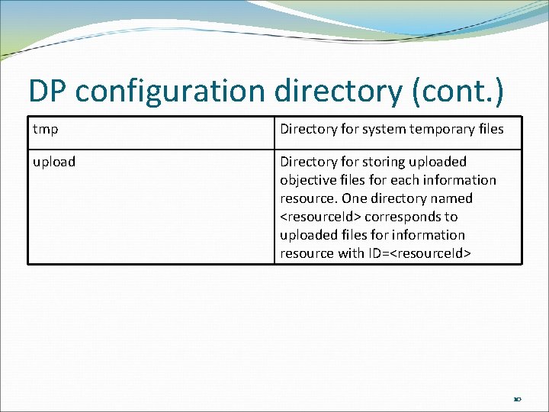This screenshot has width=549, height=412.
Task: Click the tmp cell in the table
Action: click(46, 129)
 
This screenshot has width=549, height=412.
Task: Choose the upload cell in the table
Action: click(54, 162)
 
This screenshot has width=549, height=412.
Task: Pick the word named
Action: click(452, 198)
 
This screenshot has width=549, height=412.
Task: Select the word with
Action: click(352, 253)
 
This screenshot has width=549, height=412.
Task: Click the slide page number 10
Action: click(517, 398)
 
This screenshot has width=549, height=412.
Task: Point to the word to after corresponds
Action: click(451, 217)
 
